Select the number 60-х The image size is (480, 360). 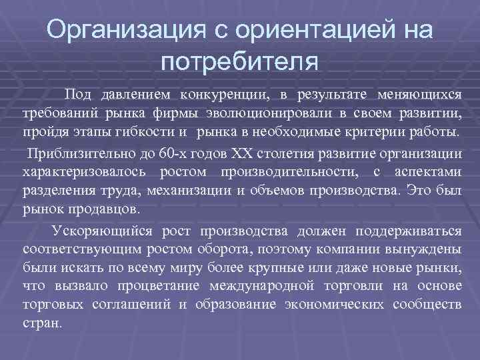coord(174,154)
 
